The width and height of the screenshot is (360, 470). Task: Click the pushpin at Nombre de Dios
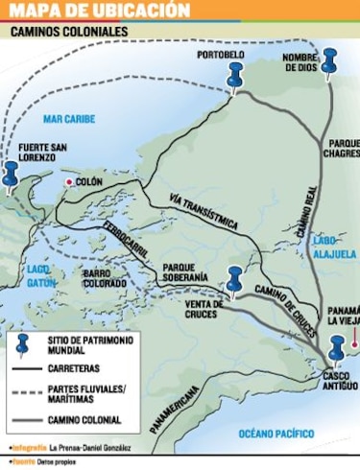point(330,62)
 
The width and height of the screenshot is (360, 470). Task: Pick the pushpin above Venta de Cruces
point(233,280)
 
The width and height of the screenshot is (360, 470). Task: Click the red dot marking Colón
point(69,180)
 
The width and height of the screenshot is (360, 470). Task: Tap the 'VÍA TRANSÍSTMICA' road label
point(203,212)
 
